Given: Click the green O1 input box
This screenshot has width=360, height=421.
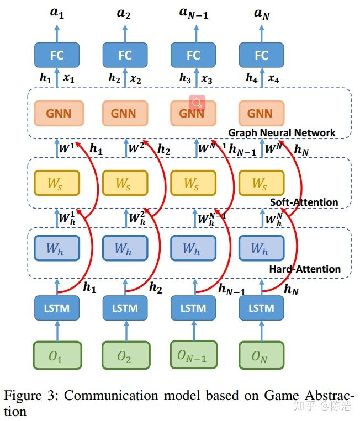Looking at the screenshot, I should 57,356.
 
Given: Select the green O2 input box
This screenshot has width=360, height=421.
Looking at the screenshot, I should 125,356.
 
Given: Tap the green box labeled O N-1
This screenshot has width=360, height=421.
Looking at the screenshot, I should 193,356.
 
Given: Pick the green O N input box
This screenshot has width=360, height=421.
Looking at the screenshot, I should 261,356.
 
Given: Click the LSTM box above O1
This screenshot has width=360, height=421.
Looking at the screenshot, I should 57,307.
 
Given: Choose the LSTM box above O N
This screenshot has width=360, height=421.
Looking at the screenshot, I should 261,307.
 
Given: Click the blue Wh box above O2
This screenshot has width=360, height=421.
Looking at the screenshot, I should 125,249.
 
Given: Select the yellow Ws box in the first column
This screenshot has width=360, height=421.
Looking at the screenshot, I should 57,184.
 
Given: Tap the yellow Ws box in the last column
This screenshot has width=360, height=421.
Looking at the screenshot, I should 261,184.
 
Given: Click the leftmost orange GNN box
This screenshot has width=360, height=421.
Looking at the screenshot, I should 57,114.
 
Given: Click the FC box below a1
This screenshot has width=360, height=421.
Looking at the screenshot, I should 57,55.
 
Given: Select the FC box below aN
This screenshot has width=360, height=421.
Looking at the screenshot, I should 261,55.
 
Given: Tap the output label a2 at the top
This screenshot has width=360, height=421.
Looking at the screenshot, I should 124,13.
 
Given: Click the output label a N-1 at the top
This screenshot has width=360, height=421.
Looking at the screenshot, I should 193,13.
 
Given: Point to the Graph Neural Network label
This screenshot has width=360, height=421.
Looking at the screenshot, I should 282,132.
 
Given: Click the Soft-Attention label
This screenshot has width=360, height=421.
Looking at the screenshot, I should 304,202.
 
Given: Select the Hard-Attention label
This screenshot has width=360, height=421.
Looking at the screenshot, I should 305,269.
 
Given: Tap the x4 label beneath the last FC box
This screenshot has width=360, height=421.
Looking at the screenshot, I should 274,80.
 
